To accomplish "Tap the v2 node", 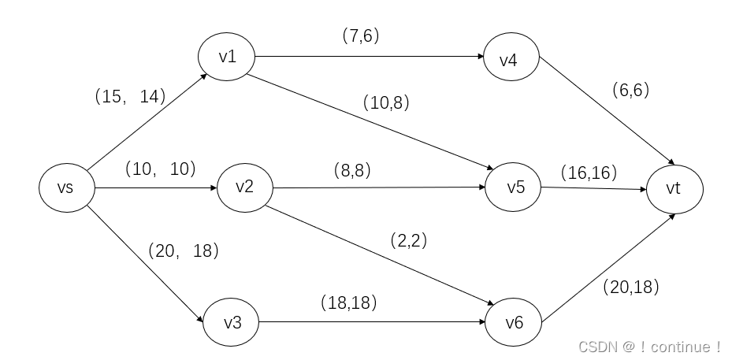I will [x=245, y=187].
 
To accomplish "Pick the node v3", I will [x=232, y=323].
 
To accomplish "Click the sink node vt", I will [x=674, y=189].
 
